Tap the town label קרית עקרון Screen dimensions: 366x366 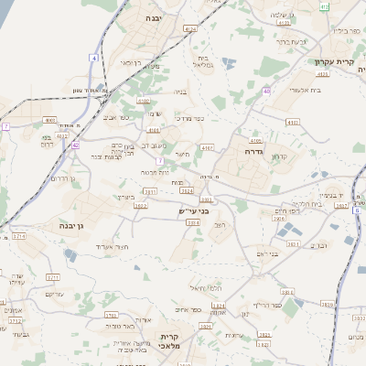(x=335, y=62)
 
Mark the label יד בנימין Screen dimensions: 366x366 (x=336, y=194)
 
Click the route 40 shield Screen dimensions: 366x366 (x=266, y=91)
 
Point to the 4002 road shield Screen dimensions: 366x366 (x=49, y=120)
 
